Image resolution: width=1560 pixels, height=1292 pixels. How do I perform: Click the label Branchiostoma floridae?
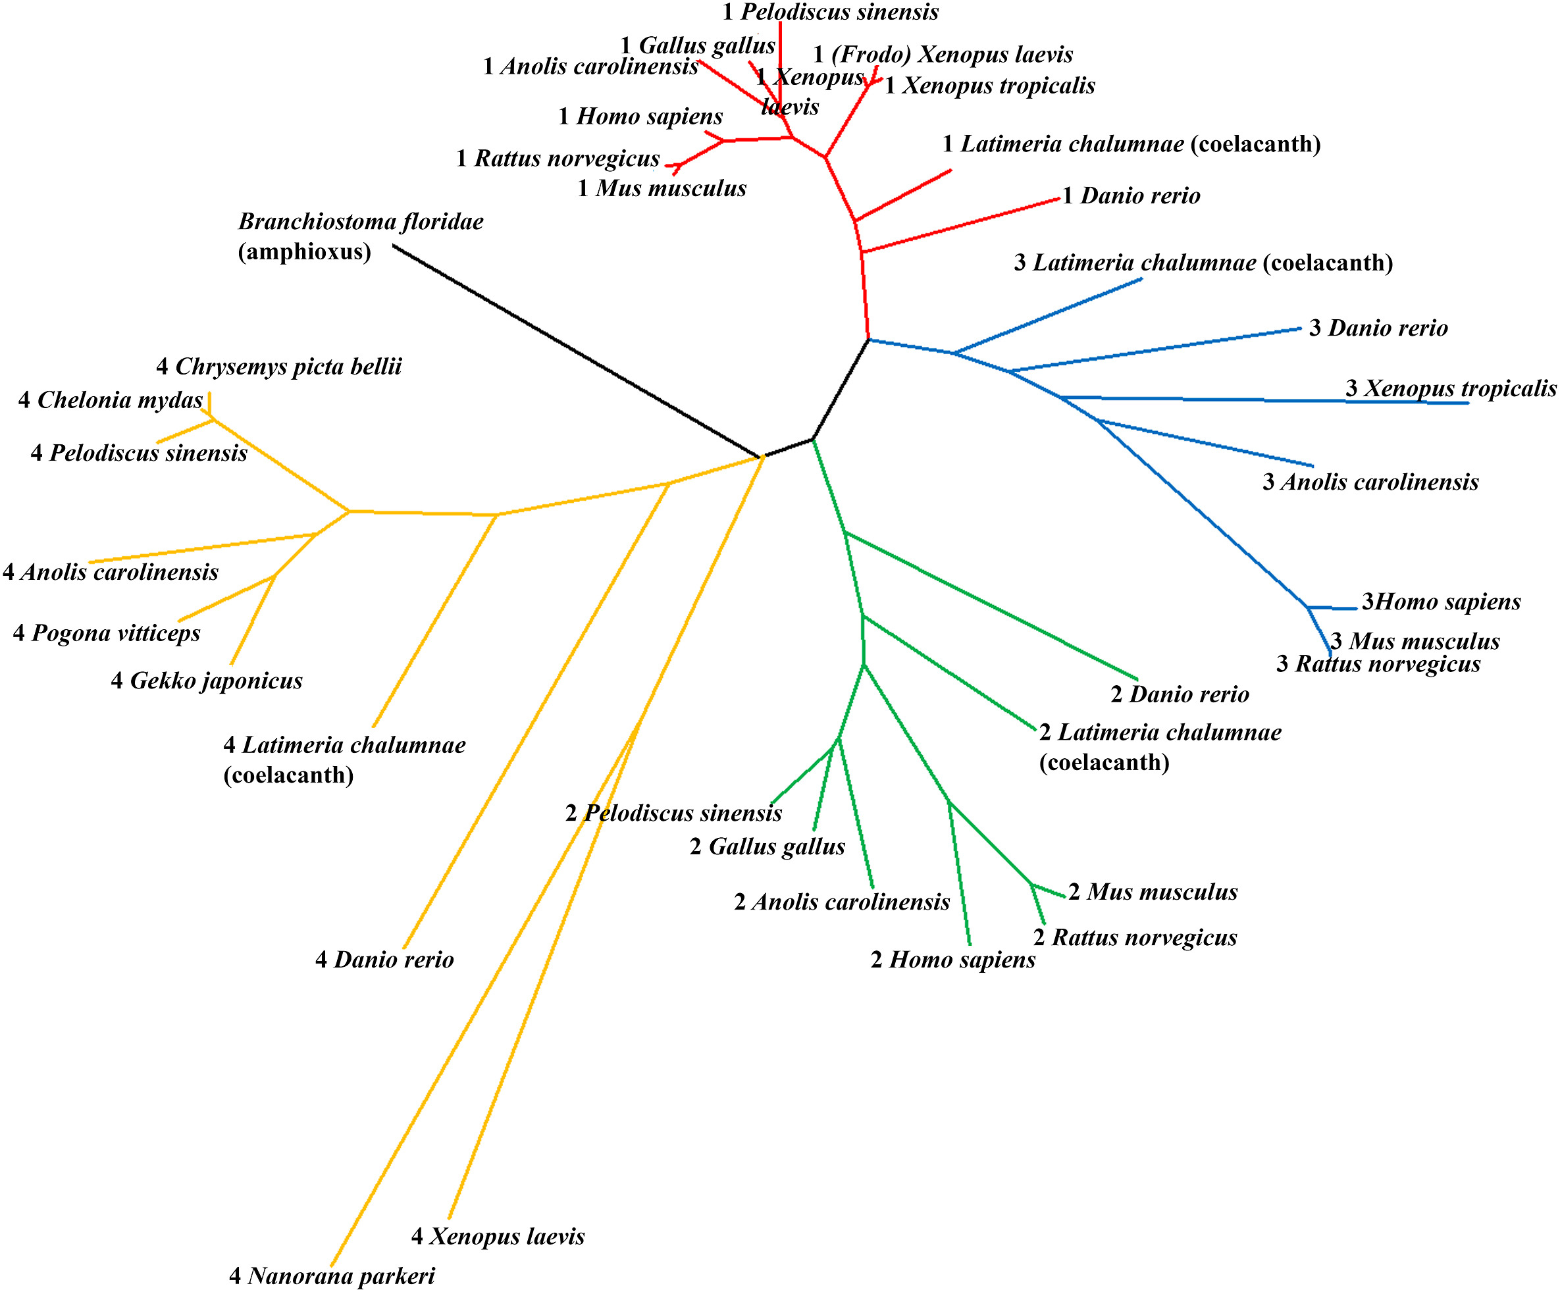360,221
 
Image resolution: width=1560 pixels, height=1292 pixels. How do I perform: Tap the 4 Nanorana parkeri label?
331,1276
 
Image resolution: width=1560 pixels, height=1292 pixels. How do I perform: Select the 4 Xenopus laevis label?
498,1235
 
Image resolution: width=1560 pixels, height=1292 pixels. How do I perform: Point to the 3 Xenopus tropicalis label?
1450,388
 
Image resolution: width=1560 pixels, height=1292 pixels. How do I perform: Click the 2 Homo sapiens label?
952,959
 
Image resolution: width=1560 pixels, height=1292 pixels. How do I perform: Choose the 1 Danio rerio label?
1131,195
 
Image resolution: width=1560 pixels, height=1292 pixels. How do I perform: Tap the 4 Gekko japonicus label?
207,681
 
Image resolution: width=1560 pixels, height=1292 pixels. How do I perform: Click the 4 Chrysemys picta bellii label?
278,367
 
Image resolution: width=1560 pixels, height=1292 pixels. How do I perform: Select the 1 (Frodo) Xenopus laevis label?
943,54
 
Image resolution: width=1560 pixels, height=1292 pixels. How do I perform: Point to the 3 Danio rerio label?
1378,328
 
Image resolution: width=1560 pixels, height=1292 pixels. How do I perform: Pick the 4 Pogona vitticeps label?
107,633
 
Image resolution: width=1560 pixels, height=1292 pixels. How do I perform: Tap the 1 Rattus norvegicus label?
558,158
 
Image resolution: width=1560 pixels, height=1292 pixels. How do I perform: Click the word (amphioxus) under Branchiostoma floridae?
305,252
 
